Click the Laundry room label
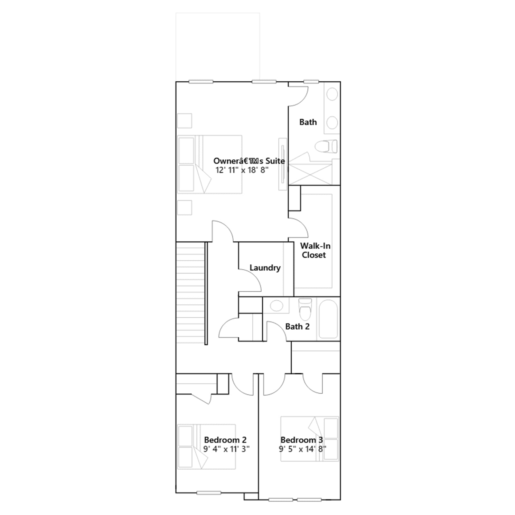click(265, 268)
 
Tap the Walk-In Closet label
click(315, 250)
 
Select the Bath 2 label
click(297, 326)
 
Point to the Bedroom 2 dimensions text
click(227, 449)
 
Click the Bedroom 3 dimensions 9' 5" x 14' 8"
click(303, 449)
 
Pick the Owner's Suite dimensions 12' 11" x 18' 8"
click(242, 170)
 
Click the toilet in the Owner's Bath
click(326, 146)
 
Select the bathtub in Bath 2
click(328, 319)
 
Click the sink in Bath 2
click(276, 305)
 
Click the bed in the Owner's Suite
click(210, 164)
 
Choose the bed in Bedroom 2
click(206, 446)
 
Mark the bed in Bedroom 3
click(310, 439)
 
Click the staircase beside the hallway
click(191, 293)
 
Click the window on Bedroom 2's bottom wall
click(209, 493)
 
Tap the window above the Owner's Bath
click(311, 82)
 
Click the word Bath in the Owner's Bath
click(308, 122)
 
